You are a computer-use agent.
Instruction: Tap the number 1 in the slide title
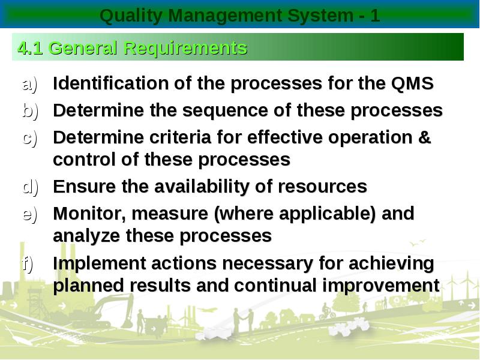tap(375, 16)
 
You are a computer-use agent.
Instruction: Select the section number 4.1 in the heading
tap(30, 48)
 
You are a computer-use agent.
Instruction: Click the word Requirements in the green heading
tap(185, 49)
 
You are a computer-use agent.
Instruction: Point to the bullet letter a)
tap(30, 84)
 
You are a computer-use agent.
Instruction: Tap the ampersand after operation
tap(424, 137)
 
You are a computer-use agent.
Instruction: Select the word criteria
tap(180, 137)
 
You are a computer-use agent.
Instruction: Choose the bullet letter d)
tap(31, 187)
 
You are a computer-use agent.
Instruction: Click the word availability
tap(202, 187)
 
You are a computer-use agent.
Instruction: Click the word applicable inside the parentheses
tap(325, 214)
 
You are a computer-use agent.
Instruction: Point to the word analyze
tap(86, 236)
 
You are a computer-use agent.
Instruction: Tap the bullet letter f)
tap(28, 263)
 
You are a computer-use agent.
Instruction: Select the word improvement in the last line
tap(381, 286)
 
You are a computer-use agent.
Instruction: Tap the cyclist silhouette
tap(327, 311)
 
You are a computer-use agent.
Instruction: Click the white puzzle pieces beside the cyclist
tap(349, 326)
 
